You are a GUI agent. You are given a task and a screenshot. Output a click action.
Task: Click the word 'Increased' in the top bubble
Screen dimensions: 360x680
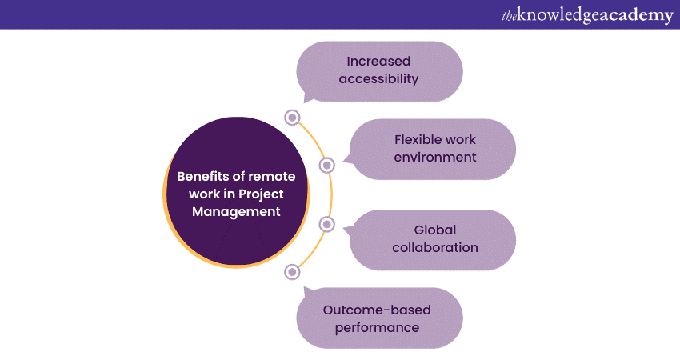(378, 62)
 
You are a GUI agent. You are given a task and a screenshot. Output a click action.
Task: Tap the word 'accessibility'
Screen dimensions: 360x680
(378, 79)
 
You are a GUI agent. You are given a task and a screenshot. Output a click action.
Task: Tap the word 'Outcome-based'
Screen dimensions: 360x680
(378, 309)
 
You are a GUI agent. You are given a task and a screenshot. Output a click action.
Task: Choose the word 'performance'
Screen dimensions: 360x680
(378, 327)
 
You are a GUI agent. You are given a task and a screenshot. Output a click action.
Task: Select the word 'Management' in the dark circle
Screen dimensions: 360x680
(236, 212)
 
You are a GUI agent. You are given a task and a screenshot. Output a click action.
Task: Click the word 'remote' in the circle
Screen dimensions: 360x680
(272, 177)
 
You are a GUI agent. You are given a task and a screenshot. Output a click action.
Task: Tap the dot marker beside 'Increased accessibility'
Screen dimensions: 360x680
(292, 118)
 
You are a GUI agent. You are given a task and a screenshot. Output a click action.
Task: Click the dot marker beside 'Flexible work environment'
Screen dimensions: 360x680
(326, 166)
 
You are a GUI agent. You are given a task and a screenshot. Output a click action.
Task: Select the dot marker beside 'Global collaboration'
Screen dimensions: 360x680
(326, 224)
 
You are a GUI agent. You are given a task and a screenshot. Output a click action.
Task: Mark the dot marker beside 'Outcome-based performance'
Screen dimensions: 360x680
(292, 272)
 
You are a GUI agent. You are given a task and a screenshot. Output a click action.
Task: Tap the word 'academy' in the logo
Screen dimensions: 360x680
(636, 15)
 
